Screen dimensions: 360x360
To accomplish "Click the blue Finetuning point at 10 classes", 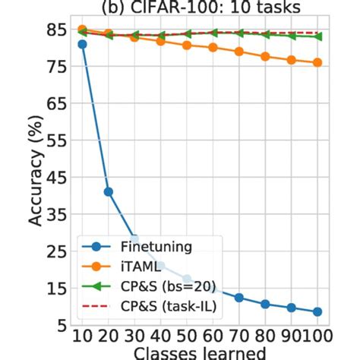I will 82,44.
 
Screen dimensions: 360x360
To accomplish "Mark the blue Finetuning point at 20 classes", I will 109,191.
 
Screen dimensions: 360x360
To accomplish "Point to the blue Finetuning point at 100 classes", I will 317,311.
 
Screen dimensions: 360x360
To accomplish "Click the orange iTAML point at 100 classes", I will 317,62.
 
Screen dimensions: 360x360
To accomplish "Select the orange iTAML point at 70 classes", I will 239,52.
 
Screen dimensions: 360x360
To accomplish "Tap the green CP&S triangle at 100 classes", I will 317,36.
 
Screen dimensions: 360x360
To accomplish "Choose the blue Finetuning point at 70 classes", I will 239,298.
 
